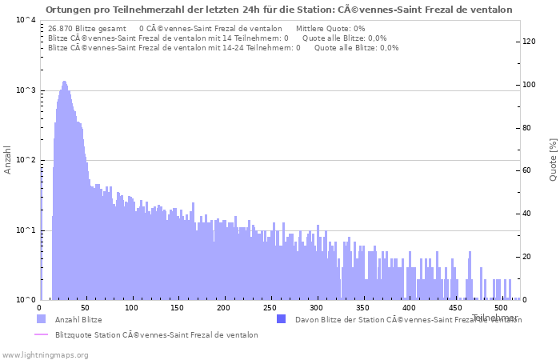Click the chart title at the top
(x=279, y=10)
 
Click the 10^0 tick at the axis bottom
(x=25, y=300)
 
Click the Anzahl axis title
(x=8, y=160)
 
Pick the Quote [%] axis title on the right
(x=553, y=160)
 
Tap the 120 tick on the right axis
(x=530, y=42)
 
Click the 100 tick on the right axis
(x=530, y=85)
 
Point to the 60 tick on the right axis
(x=528, y=171)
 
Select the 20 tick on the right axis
(x=528, y=257)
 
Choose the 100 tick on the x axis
(x=132, y=307)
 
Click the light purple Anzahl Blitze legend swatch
(x=41, y=319)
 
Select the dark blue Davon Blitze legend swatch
(x=281, y=319)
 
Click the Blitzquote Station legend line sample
(x=41, y=335)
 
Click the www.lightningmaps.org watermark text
(x=45, y=354)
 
